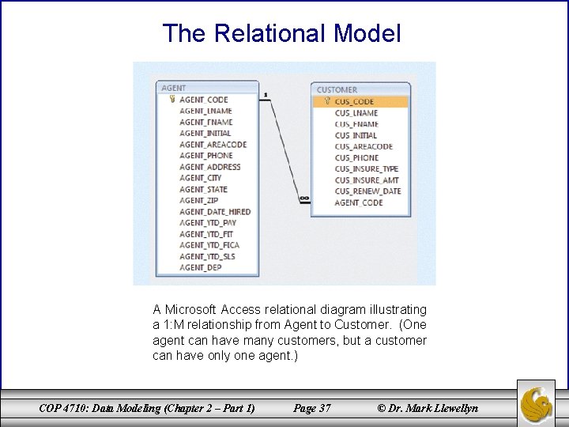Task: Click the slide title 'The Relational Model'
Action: click(x=281, y=33)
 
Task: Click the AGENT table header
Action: click(x=174, y=88)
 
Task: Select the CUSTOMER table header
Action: click(x=337, y=90)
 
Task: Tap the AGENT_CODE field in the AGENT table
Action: click(x=203, y=100)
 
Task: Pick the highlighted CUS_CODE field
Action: click(x=354, y=101)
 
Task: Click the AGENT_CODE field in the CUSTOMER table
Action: click(x=358, y=202)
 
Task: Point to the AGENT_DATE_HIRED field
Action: click(x=215, y=212)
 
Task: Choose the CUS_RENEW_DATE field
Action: click(x=367, y=191)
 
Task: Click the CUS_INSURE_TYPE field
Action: click(x=366, y=168)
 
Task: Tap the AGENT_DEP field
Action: click(x=200, y=267)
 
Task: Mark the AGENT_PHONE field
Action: click(x=205, y=156)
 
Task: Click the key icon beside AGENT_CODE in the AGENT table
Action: click(x=171, y=100)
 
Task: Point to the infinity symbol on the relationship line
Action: click(x=304, y=198)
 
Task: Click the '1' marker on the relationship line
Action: click(x=266, y=94)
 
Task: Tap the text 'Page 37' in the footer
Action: click(x=311, y=408)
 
